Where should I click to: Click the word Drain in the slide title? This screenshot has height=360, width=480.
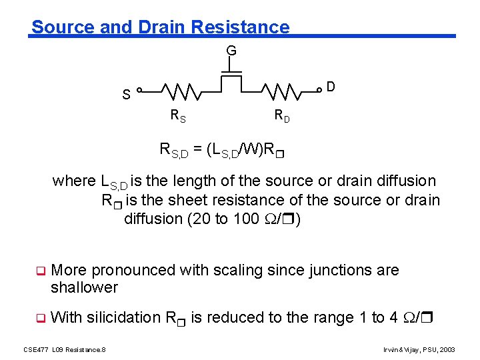click(162, 27)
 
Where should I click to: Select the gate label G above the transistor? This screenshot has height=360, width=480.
click(231, 51)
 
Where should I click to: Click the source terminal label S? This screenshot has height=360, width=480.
click(126, 94)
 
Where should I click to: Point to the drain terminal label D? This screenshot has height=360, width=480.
click(330, 87)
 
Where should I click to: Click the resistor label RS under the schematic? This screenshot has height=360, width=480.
click(178, 115)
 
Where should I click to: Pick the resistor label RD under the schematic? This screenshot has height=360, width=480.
click(282, 115)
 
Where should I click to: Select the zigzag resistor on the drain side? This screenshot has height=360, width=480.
click(283, 90)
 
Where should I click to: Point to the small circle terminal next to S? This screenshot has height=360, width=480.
click(139, 89)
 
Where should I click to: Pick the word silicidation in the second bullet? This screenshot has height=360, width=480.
click(121, 317)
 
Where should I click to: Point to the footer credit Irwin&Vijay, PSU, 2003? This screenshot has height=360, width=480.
click(419, 349)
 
